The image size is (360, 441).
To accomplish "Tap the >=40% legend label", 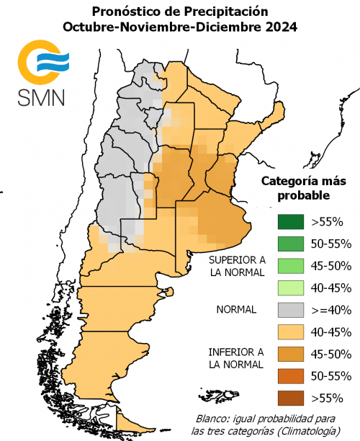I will pos(330,311).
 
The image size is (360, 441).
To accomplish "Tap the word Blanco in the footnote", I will pos(215,419).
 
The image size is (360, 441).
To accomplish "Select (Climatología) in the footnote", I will pos(312,431).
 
